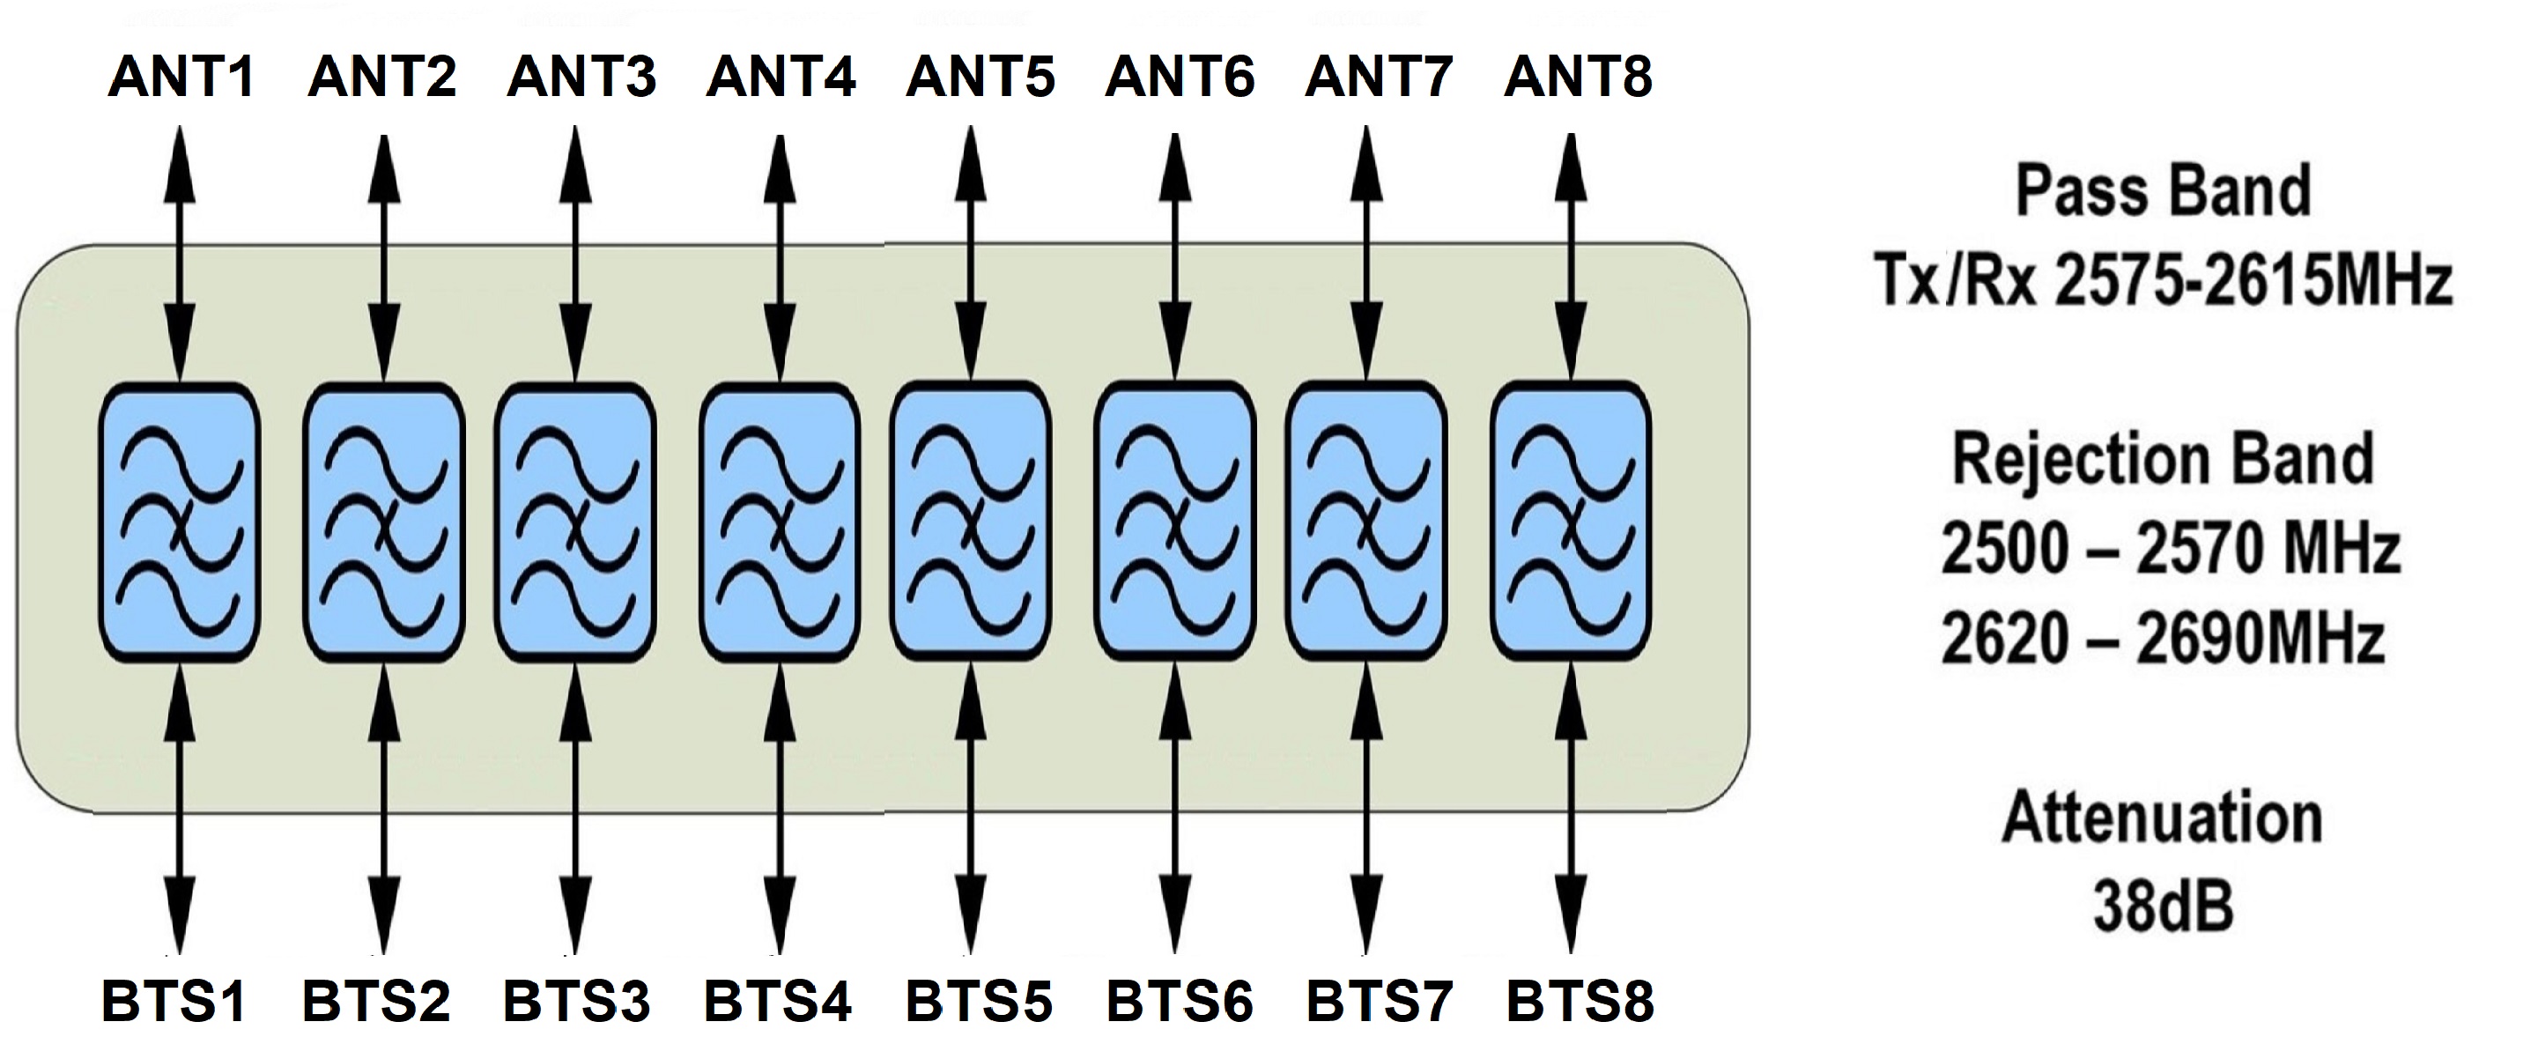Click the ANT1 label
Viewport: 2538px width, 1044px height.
(181, 77)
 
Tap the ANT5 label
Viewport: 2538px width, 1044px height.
(980, 77)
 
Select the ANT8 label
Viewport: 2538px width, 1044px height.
(1579, 77)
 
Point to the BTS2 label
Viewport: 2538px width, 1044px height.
(376, 1002)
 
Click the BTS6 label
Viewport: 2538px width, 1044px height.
(1180, 1002)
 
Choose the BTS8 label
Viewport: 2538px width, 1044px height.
(1580, 1002)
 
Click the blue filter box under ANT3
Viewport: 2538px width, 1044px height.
(576, 521)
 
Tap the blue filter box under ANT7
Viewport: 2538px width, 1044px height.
(1365, 521)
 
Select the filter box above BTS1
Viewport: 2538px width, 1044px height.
(180, 521)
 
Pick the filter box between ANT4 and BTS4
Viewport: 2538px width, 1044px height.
(780, 521)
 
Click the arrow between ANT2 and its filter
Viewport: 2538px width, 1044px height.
(383, 256)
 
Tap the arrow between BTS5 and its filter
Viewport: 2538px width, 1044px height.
(973, 808)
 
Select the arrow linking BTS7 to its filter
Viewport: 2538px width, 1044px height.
(1365, 808)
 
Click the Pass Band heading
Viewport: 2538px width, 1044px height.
(2163, 192)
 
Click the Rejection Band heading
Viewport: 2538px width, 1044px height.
(2163, 460)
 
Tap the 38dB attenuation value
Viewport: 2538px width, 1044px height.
(2163, 906)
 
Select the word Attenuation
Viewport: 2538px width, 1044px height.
(2163, 818)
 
